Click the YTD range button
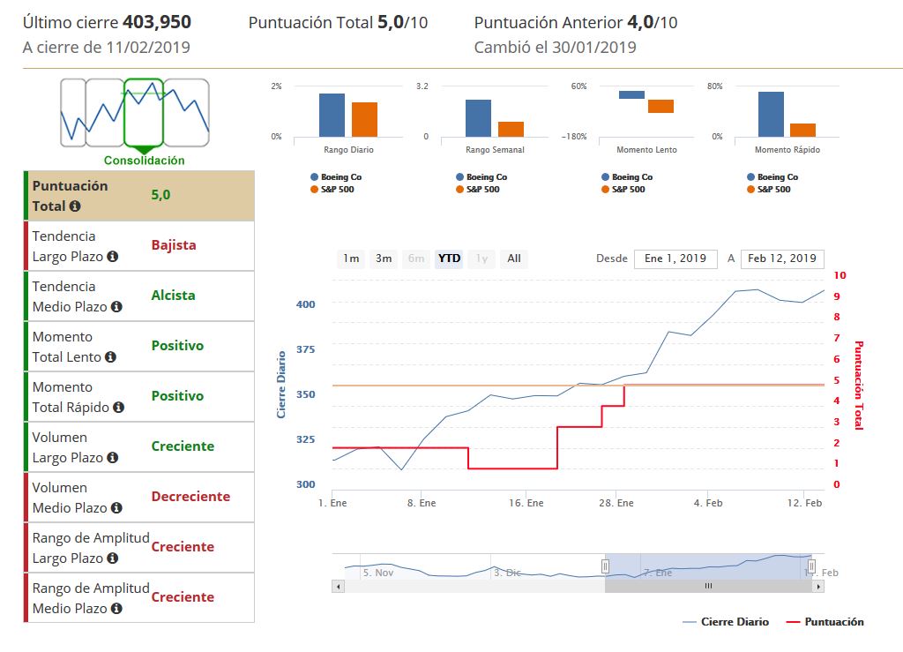(450, 259)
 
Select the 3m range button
(384, 259)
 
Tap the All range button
(514, 259)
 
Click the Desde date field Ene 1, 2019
(675, 259)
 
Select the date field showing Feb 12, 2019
(781, 259)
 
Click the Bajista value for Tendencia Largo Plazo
(174, 245)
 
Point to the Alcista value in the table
(173, 296)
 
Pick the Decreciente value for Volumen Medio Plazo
(190, 497)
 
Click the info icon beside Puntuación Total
(75, 206)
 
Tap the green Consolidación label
(145, 161)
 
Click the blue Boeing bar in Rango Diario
(332, 115)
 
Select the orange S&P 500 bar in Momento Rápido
(802, 130)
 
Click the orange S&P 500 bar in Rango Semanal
(511, 129)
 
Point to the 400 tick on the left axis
(305, 304)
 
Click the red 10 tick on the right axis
(840, 275)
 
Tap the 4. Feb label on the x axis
(708, 503)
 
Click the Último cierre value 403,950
(157, 22)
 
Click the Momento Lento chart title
(646, 150)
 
